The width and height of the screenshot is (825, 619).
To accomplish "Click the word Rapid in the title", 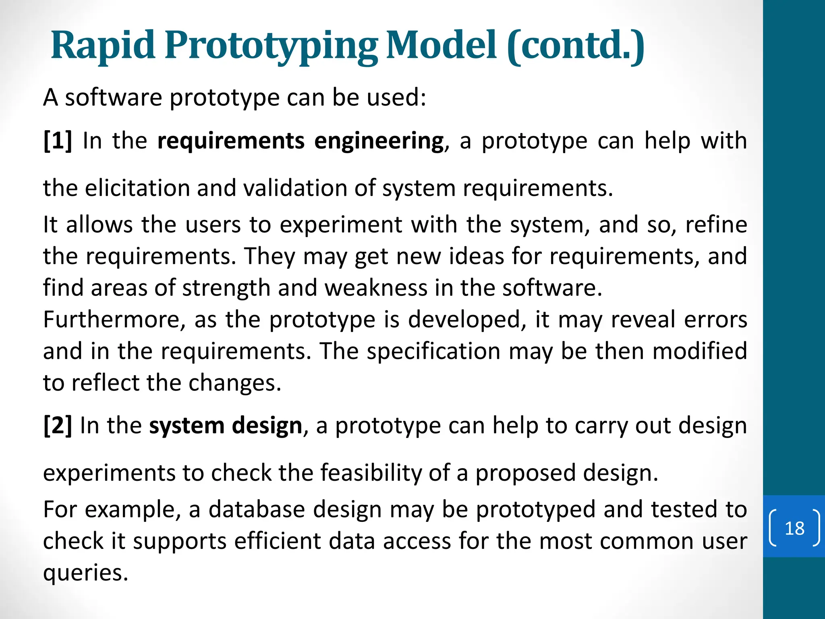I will coord(103,45).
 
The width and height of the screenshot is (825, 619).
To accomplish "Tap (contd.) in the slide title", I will coord(575,46).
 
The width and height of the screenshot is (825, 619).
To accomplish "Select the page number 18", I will coord(794,528).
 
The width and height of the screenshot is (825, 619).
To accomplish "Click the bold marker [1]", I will coord(58,141).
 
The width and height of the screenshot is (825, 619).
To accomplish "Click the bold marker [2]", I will coord(58,426).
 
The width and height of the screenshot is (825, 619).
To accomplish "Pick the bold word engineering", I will coord(379,141).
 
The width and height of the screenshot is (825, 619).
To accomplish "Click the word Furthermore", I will coord(114,320).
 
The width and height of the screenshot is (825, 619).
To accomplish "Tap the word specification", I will coord(433,351).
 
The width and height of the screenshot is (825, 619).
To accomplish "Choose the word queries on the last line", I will coord(85,573).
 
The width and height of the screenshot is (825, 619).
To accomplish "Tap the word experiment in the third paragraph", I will coord(340,225).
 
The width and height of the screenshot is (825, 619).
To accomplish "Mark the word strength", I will coord(226,288).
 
